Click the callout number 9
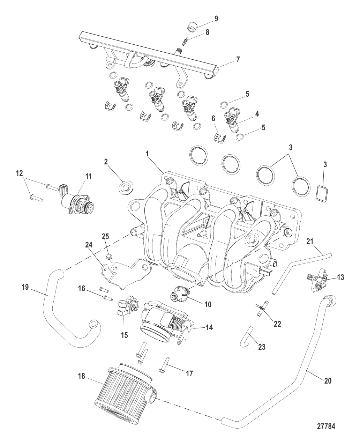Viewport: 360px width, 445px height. coord(216,18)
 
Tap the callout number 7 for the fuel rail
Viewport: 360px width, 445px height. coord(238,59)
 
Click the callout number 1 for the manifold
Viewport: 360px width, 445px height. coord(147,153)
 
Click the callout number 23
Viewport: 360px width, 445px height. coord(262,347)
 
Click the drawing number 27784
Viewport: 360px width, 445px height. coord(326,427)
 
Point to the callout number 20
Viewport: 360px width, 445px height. coord(328,381)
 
